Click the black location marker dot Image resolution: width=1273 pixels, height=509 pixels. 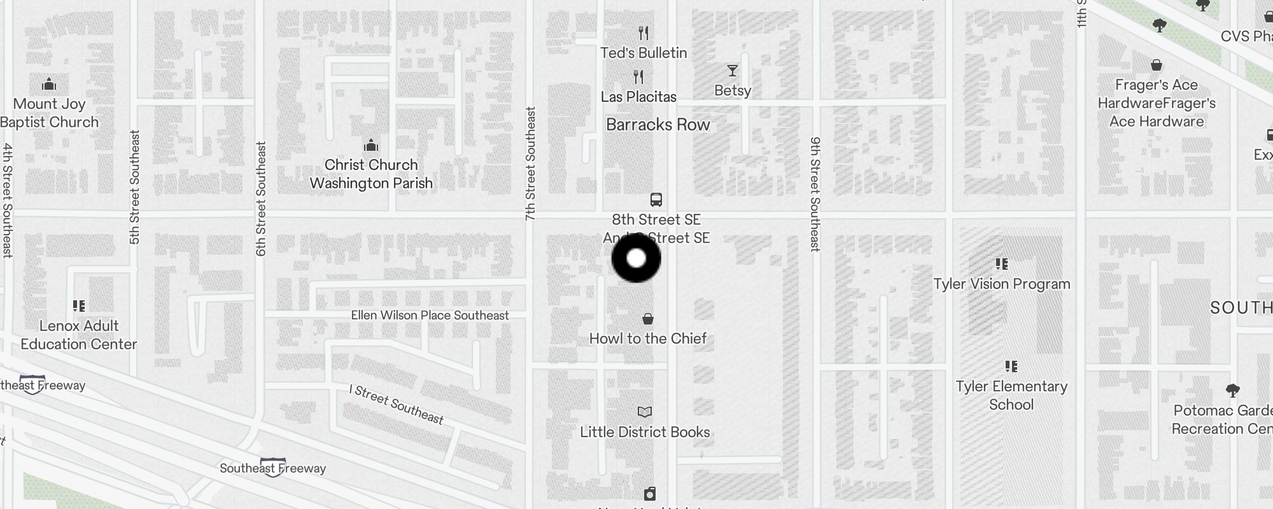coord(636,258)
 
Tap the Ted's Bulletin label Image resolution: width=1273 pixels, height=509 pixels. coord(644,53)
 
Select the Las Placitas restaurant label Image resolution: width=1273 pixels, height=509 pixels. coord(638,97)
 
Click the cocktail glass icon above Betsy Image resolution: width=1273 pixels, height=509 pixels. coord(733,71)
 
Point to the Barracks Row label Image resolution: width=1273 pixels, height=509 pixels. coord(658,125)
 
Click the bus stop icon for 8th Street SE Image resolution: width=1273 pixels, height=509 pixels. coord(656,200)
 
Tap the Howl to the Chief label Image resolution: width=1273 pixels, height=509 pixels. coord(647,338)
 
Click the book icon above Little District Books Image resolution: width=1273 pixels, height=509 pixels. coord(645,412)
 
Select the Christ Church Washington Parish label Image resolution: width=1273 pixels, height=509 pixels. coord(371,174)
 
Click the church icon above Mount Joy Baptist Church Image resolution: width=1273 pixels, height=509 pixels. coord(49,85)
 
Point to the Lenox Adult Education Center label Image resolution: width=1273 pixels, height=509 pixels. coord(79,335)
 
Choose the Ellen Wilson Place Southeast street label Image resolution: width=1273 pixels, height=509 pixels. coord(430,316)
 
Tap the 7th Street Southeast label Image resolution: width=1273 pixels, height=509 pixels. coord(531,164)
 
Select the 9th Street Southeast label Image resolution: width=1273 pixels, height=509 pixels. coord(815,194)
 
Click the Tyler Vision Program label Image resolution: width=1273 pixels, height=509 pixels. coord(1002,284)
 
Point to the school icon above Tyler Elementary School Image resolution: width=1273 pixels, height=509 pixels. coord(1011,366)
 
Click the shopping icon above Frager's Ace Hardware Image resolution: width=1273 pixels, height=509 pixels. coord(1157,65)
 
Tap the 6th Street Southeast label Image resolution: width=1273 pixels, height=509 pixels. coord(261,199)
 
